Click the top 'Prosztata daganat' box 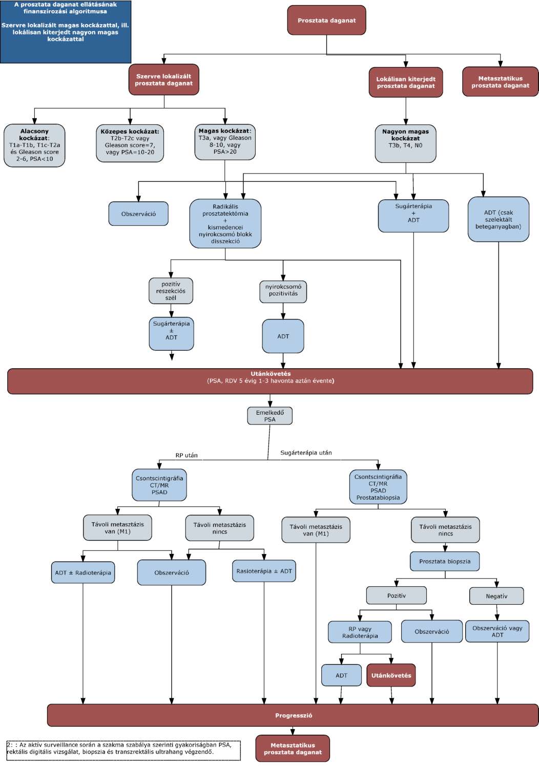(x=326, y=20)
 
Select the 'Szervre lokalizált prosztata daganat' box (x=164, y=79)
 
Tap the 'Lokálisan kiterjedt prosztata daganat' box (x=406, y=82)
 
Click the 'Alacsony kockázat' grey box (x=34, y=145)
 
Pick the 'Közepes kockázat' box (x=130, y=143)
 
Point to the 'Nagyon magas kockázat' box (x=405, y=143)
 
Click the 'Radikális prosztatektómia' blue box (x=225, y=224)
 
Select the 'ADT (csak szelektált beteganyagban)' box (x=498, y=219)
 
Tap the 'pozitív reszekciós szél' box (x=171, y=291)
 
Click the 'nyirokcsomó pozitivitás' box (x=283, y=291)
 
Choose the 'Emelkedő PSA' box (x=269, y=416)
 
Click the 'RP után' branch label (x=186, y=455)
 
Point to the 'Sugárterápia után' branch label (x=306, y=453)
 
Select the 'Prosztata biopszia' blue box (x=445, y=561)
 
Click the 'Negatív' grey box (x=496, y=596)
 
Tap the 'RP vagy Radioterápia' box (x=360, y=632)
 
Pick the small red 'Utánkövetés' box (x=391, y=675)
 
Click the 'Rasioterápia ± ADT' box (x=264, y=571)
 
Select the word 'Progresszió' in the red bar (x=294, y=715)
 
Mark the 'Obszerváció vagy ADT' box (x=497, y=631)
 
